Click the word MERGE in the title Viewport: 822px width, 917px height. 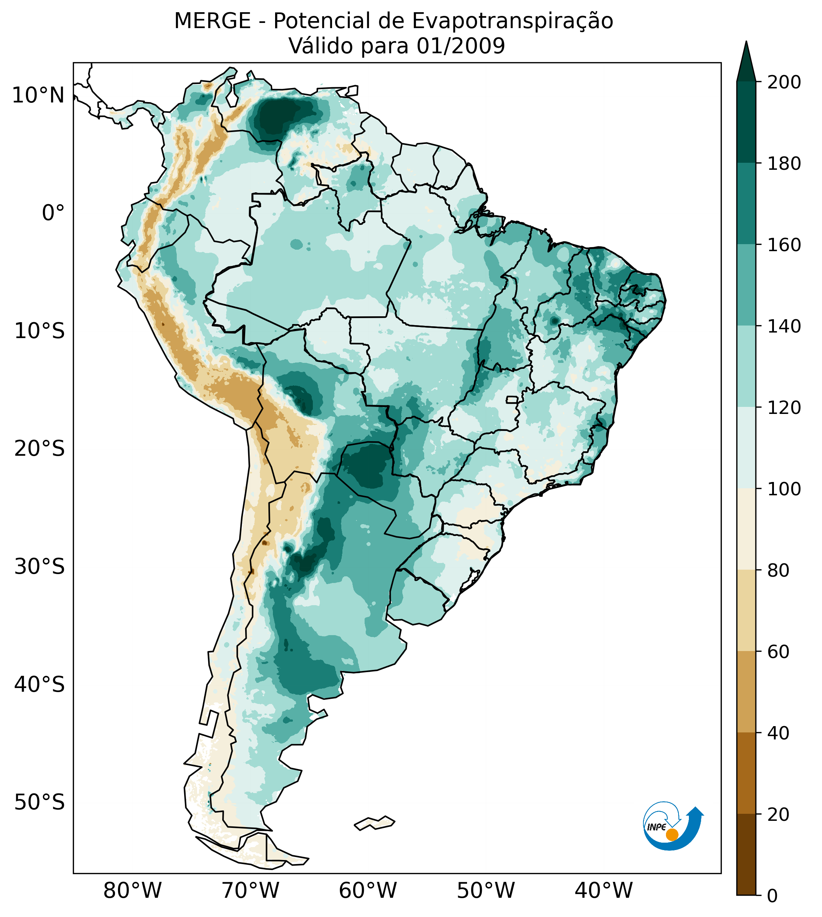click(x=212, y=21)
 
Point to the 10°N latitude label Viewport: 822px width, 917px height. click(x=38, y=95)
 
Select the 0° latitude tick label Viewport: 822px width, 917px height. click(x=53, y=213)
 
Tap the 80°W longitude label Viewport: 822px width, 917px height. click(x=132, y=891)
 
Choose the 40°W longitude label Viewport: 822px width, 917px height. click(x=604, y=891)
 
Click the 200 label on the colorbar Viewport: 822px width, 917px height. click(x=784, y=82)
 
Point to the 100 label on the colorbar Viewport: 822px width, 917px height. click(x=784, y=489)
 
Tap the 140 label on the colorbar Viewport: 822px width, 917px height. click(x=784, y=326)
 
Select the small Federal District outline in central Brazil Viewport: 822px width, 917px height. click(x=512, y=399)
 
